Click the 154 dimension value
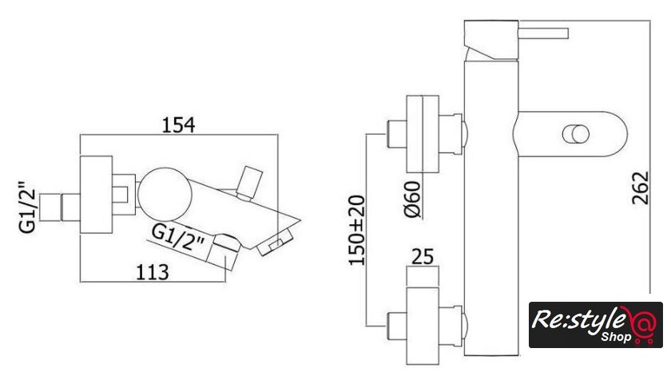pyautogui.click(x=178, y=125)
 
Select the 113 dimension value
pyautogui.click(x=152, y=272)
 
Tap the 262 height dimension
pyautogui.click(x=640, y=188)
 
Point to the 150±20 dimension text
pyautogui.click(x=356, y=230)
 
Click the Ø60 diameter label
pyautogui.click(x=412, y=200)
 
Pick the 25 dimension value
pyautogui.click(x=423, y=256)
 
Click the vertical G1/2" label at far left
pyautogui.click(x=28, y=208)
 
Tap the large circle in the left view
pyautogui.click(x=165, y=194)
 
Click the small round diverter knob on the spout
pyautogui.click(x=576, y=134)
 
